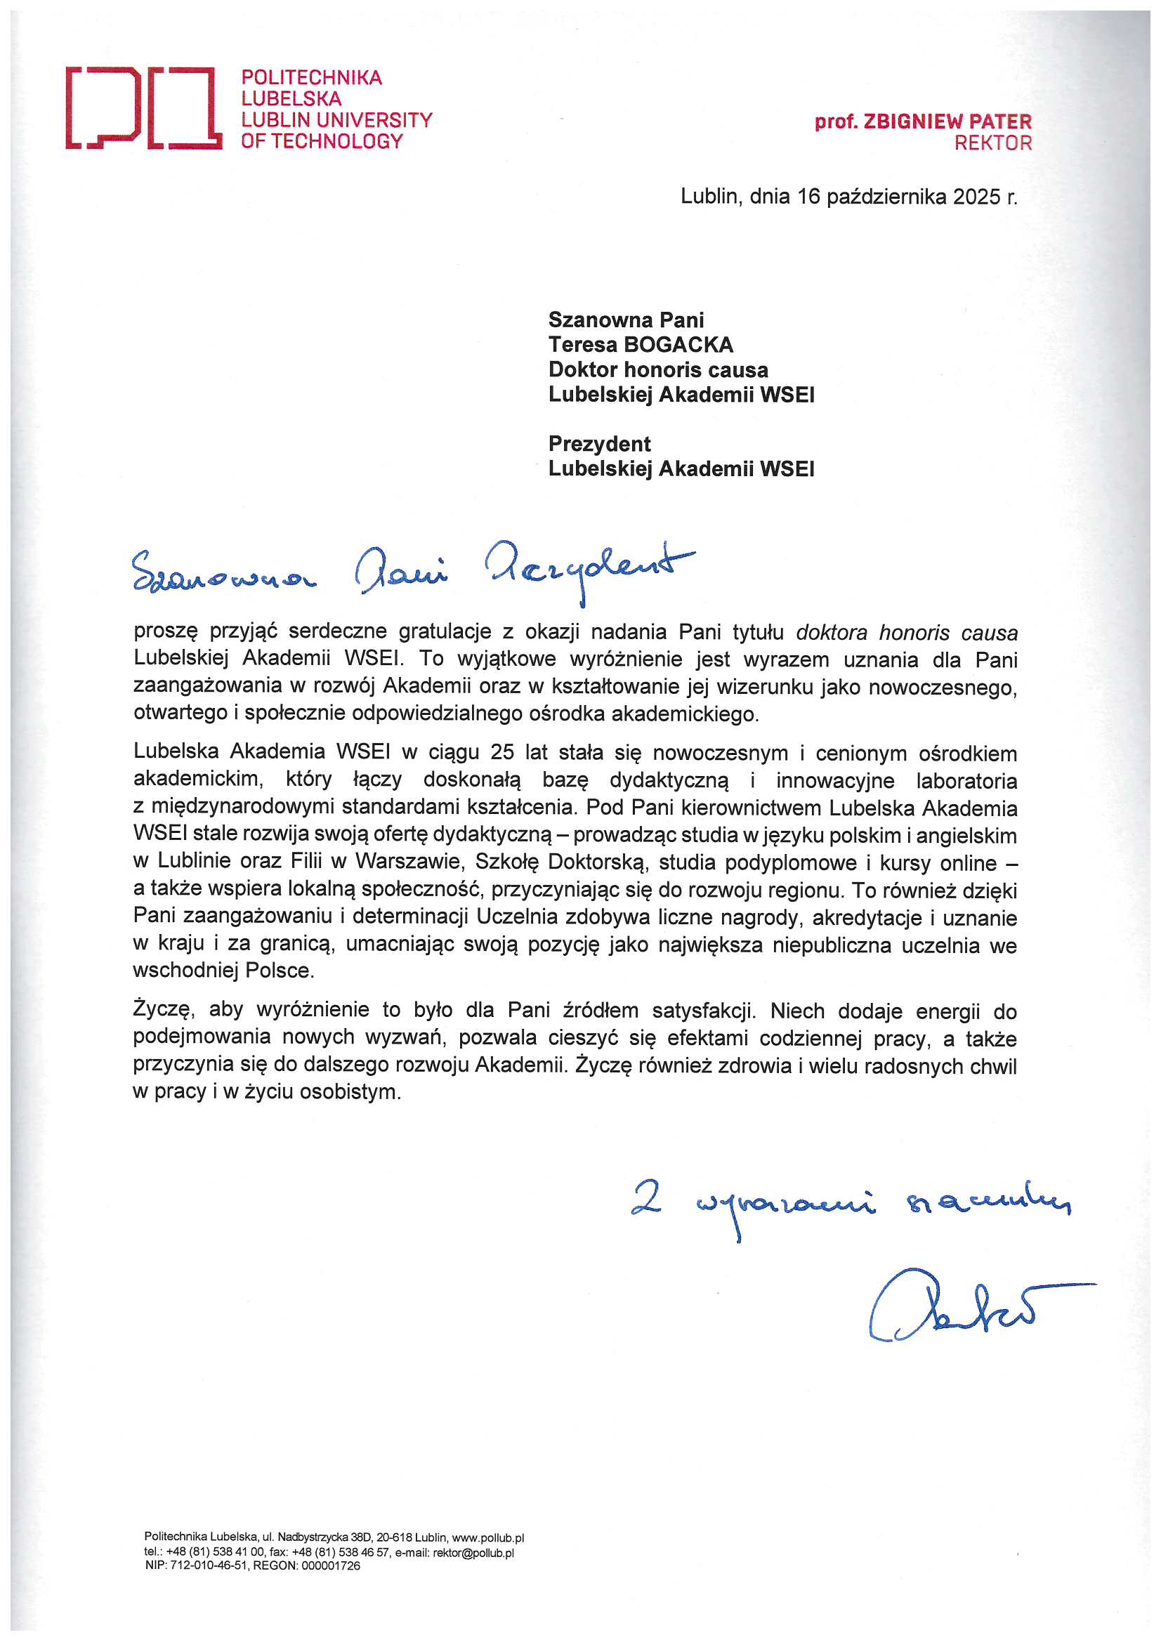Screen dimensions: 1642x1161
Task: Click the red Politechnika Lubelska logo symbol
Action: click(x=143, y=108)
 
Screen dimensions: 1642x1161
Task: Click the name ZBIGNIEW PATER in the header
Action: click(x=947, y=121)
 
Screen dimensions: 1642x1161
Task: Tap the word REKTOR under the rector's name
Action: click(x=993, y=143)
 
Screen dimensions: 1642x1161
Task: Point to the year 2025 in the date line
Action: click(x=977, y=197)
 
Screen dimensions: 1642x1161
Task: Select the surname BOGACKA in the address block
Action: click(x=678, y=345)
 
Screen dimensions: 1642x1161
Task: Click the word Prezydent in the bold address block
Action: click(x=599, y=444)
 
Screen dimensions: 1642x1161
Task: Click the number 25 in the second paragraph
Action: click(x=502, y=753)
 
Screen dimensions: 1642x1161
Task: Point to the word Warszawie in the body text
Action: click(x=409, y=862)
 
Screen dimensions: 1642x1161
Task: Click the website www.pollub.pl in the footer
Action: click(x=488, y=1537)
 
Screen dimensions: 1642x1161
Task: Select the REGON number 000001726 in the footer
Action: click(x=330, y=1566)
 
